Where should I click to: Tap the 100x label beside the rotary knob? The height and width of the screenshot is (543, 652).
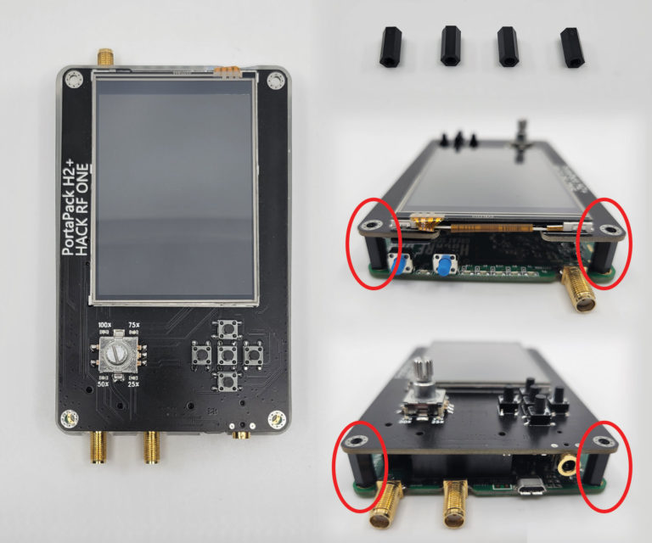tap(105, 326)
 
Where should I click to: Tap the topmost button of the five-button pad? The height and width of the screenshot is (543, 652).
tap(227, 329)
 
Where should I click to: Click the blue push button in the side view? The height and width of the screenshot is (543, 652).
tap(444, 267)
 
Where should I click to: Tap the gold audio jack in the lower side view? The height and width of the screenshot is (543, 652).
tap(564, 464)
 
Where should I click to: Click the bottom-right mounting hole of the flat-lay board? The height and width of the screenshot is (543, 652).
tap(274, 417)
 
